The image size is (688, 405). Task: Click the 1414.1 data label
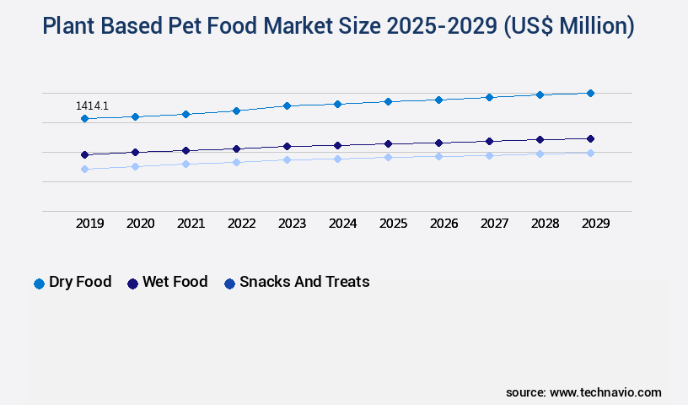click(x=92, y=106)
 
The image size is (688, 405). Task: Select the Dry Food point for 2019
click(x=84, y=119)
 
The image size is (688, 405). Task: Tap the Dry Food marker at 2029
click(x=590, y=93)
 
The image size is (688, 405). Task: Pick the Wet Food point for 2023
click(x=287, y=146)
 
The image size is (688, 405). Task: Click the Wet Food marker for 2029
click(x=590, y=138)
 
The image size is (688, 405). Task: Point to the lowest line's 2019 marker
click(x=84, y=169)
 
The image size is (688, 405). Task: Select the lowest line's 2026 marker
click(x=438, y=156)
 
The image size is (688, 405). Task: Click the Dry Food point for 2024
click(x=337, y=104)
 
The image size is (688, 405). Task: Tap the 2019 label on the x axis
click(x=90, y=224)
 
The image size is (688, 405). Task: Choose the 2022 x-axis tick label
click(x=242, y=224)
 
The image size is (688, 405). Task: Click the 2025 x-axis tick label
click(x=394, y=224)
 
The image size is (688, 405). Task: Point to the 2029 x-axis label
click(x=596, y=224)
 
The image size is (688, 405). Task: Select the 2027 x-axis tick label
click(x=495, y=224)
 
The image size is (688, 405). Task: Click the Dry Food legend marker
click(x=39, y=283)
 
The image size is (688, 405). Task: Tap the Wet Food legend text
click(x=175, y=282)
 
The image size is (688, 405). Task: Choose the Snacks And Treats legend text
click(x=304, y=282)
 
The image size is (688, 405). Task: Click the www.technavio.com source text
click(x=605, y=392)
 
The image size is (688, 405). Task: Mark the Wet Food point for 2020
click(x=135, y=152)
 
